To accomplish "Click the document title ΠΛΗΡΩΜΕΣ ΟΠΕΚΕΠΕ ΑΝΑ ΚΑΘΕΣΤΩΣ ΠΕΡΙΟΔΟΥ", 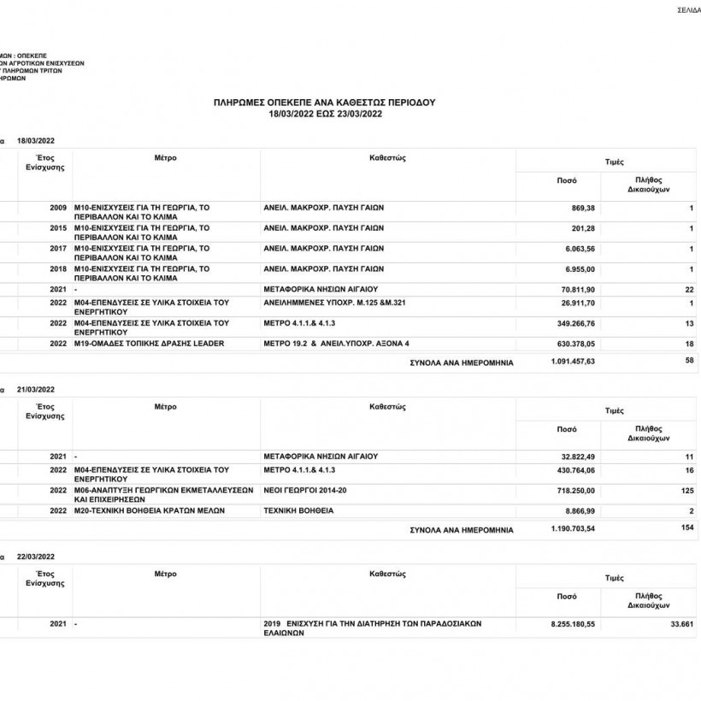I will click(324, 102).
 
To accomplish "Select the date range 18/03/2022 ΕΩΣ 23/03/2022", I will click(324, 113).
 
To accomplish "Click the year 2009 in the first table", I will click(58, 209).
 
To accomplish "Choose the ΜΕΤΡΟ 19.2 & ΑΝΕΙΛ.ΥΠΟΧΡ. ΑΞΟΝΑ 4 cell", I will click(337, 343).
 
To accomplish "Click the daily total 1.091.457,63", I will click(573, 362).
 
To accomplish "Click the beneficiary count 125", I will click(686, 491).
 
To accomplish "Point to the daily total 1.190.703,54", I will click(573, 529).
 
